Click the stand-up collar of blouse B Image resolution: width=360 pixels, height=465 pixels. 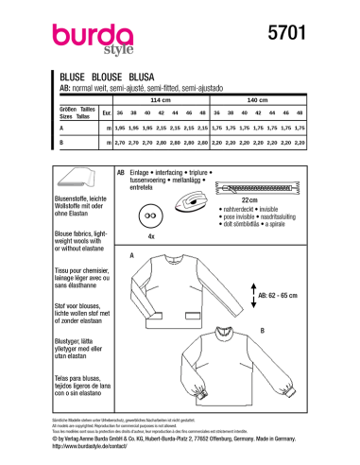[235, 334]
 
